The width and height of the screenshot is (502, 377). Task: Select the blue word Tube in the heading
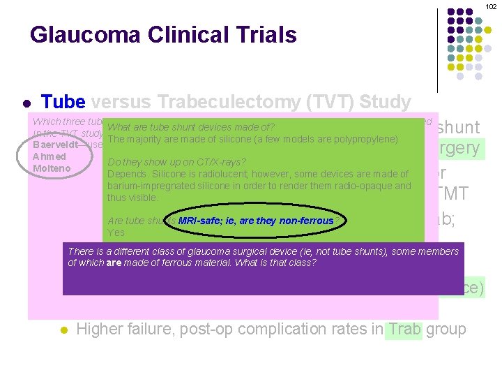pyautogui.click(x=63, y=103)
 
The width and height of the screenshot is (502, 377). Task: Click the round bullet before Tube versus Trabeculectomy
pyautogui.click(x=26, y=104)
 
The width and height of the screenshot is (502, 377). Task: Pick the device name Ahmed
pyautogui.click(x=49, y=156)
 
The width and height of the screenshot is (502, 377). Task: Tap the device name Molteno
pyautogui.click(x=52, y=168)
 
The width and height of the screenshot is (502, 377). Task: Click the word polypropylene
pyautogui.click(x=365, y=139)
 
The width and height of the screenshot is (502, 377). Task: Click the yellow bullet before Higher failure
pyautogui.click(x=62, y=330)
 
